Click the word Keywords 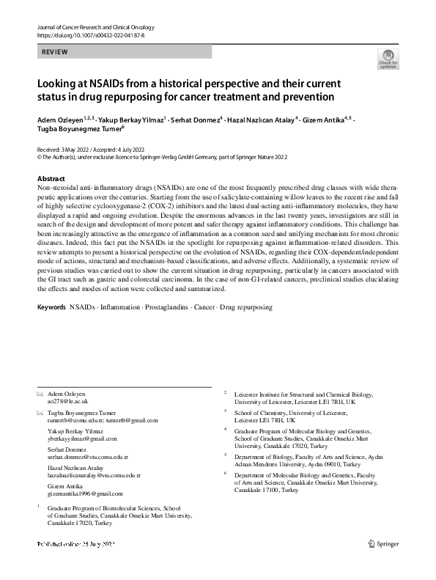[x=51, y=306]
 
